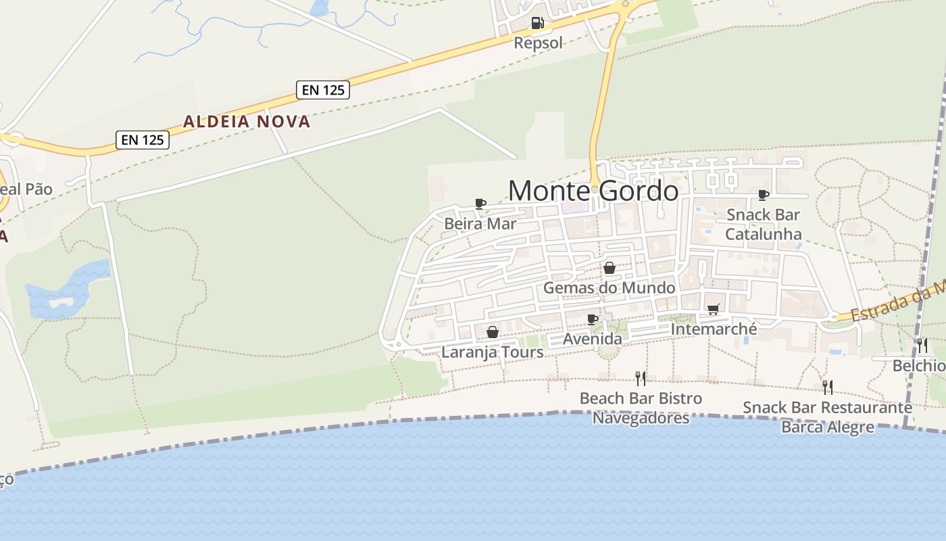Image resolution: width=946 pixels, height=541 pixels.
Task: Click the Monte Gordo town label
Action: (x=593, y=191)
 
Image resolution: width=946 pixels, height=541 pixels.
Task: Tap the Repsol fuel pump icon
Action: (x=537, y=23)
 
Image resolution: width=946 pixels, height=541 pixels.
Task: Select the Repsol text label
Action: (x=538, y=43)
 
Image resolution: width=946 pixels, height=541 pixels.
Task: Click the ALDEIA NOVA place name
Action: (x=247, y=122)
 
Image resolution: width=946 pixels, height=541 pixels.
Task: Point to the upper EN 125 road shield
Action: (x=323, y=89)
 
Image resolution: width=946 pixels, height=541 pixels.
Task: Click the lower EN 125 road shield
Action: (x=142, y=140)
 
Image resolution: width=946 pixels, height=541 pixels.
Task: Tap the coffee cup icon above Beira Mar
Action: (x=480, y=204)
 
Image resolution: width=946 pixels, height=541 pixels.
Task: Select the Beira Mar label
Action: (x=480, y=223)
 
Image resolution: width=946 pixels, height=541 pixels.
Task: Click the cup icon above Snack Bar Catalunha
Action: (x=764, y=195)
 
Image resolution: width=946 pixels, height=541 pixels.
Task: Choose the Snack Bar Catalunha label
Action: (x=763, y=225)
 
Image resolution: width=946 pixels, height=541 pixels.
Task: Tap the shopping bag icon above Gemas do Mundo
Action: (x=609, y=268)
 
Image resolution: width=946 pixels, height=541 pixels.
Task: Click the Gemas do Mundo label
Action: (x=609, y=287)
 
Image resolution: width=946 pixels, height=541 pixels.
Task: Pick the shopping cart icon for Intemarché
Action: (x=713, y=309)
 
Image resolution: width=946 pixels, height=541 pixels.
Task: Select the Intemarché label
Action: (x=714, y=329)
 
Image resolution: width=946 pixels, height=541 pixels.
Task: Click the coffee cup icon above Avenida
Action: (x=593, y=319)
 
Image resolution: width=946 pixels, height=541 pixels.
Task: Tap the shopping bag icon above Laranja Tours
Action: (x=493, y=332)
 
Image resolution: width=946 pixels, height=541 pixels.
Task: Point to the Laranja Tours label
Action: (x=492, y=352)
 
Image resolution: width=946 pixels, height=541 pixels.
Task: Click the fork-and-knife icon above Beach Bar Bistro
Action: (x=641, y=378)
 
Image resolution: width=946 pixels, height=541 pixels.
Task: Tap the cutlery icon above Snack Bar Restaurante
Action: (x=827, y=387)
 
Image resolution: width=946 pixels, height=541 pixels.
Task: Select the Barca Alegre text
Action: (x=827, y=427)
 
